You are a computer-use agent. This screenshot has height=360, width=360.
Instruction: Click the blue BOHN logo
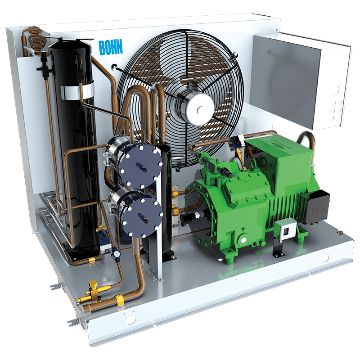[x=110, y=47]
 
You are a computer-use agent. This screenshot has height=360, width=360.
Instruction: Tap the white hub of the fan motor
[x=200, y=109]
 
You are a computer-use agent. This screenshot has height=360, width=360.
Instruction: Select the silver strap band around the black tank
[x=77, y=90]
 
